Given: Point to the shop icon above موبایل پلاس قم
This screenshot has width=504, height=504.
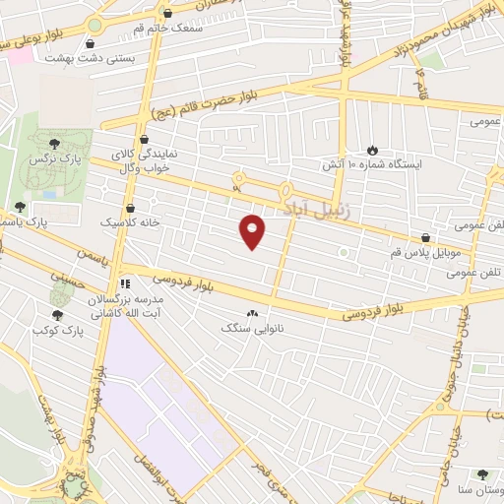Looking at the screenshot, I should pyautogui.click(x=425, y=237).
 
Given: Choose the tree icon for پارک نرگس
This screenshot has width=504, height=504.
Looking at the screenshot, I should pyautogui.click(x=67, y=145).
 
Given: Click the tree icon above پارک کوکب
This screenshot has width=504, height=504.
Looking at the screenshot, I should pyautogui.click(x=57, y=315).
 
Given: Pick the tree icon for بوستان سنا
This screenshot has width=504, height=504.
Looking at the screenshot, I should pyautogui.click(x=481, y=474).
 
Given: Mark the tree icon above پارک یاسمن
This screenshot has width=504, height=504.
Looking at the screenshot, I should pyautogui.click(x=20, y=207).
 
